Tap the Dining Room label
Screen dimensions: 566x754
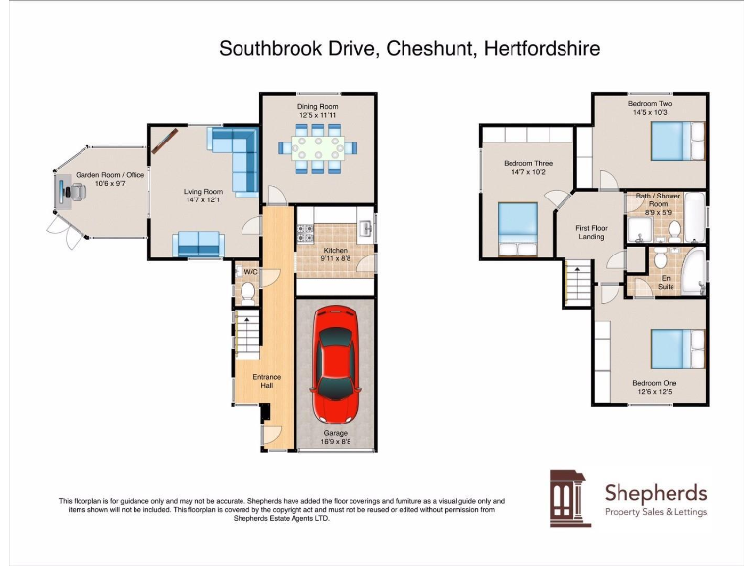pos(318,106)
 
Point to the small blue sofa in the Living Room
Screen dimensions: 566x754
pos(195,243)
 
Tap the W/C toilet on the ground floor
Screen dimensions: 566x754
pos(247,292)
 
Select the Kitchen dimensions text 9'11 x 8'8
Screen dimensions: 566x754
pos(336,259)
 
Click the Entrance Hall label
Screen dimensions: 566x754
pos(266,381)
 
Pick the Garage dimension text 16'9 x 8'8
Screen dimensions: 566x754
pos(336,441)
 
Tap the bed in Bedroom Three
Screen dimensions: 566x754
pos(516,224)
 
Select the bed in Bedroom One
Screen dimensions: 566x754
pos(677,349)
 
